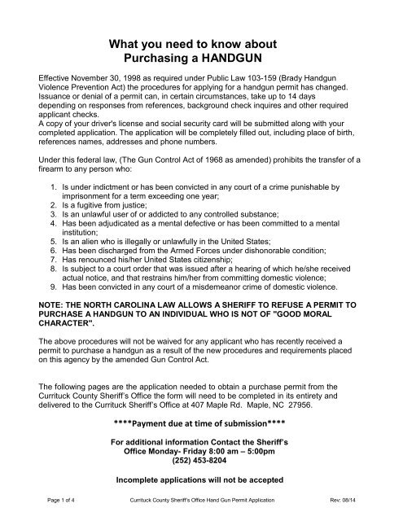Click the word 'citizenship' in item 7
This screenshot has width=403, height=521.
coord(235,268)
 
